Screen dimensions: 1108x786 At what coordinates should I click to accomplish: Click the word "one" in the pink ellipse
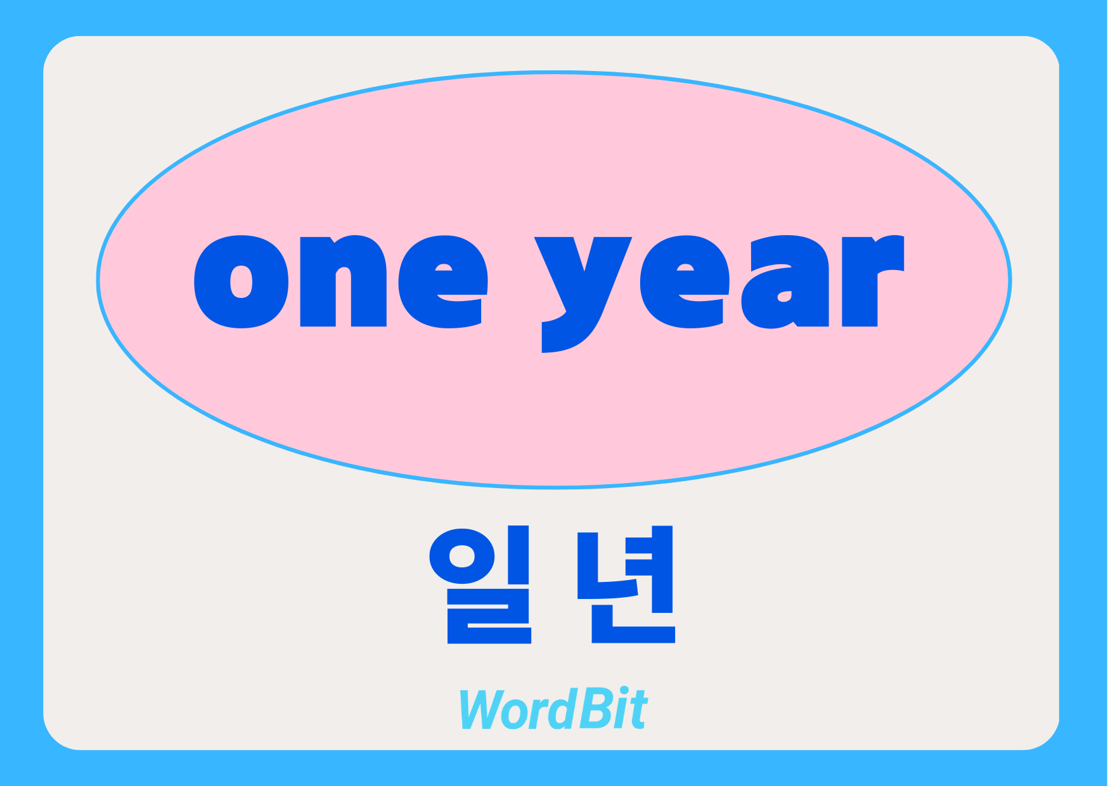pyautogui.click(x=341, y=281)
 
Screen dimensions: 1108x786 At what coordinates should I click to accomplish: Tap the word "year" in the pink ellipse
pyautogui.click(x=719, y=293)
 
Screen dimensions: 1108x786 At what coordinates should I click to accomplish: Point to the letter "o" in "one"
pyautogui.click(x=241, y=282)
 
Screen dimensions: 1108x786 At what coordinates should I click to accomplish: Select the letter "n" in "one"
pyautogui.click(x=343, y=281)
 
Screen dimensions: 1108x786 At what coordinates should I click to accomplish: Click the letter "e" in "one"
pyautogui.click(x=443, y=282)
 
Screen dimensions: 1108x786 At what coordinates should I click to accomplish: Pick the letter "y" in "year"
pyautogui.click(x=583, y=295)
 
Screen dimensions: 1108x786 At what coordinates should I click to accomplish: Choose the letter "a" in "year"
pyautogui.click(x=785, y=282)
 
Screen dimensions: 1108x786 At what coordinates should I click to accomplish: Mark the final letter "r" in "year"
pyautogui.click(x=873, y=281)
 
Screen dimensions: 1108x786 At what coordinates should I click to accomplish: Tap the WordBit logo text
pyautogui.click(x=553, y=708)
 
